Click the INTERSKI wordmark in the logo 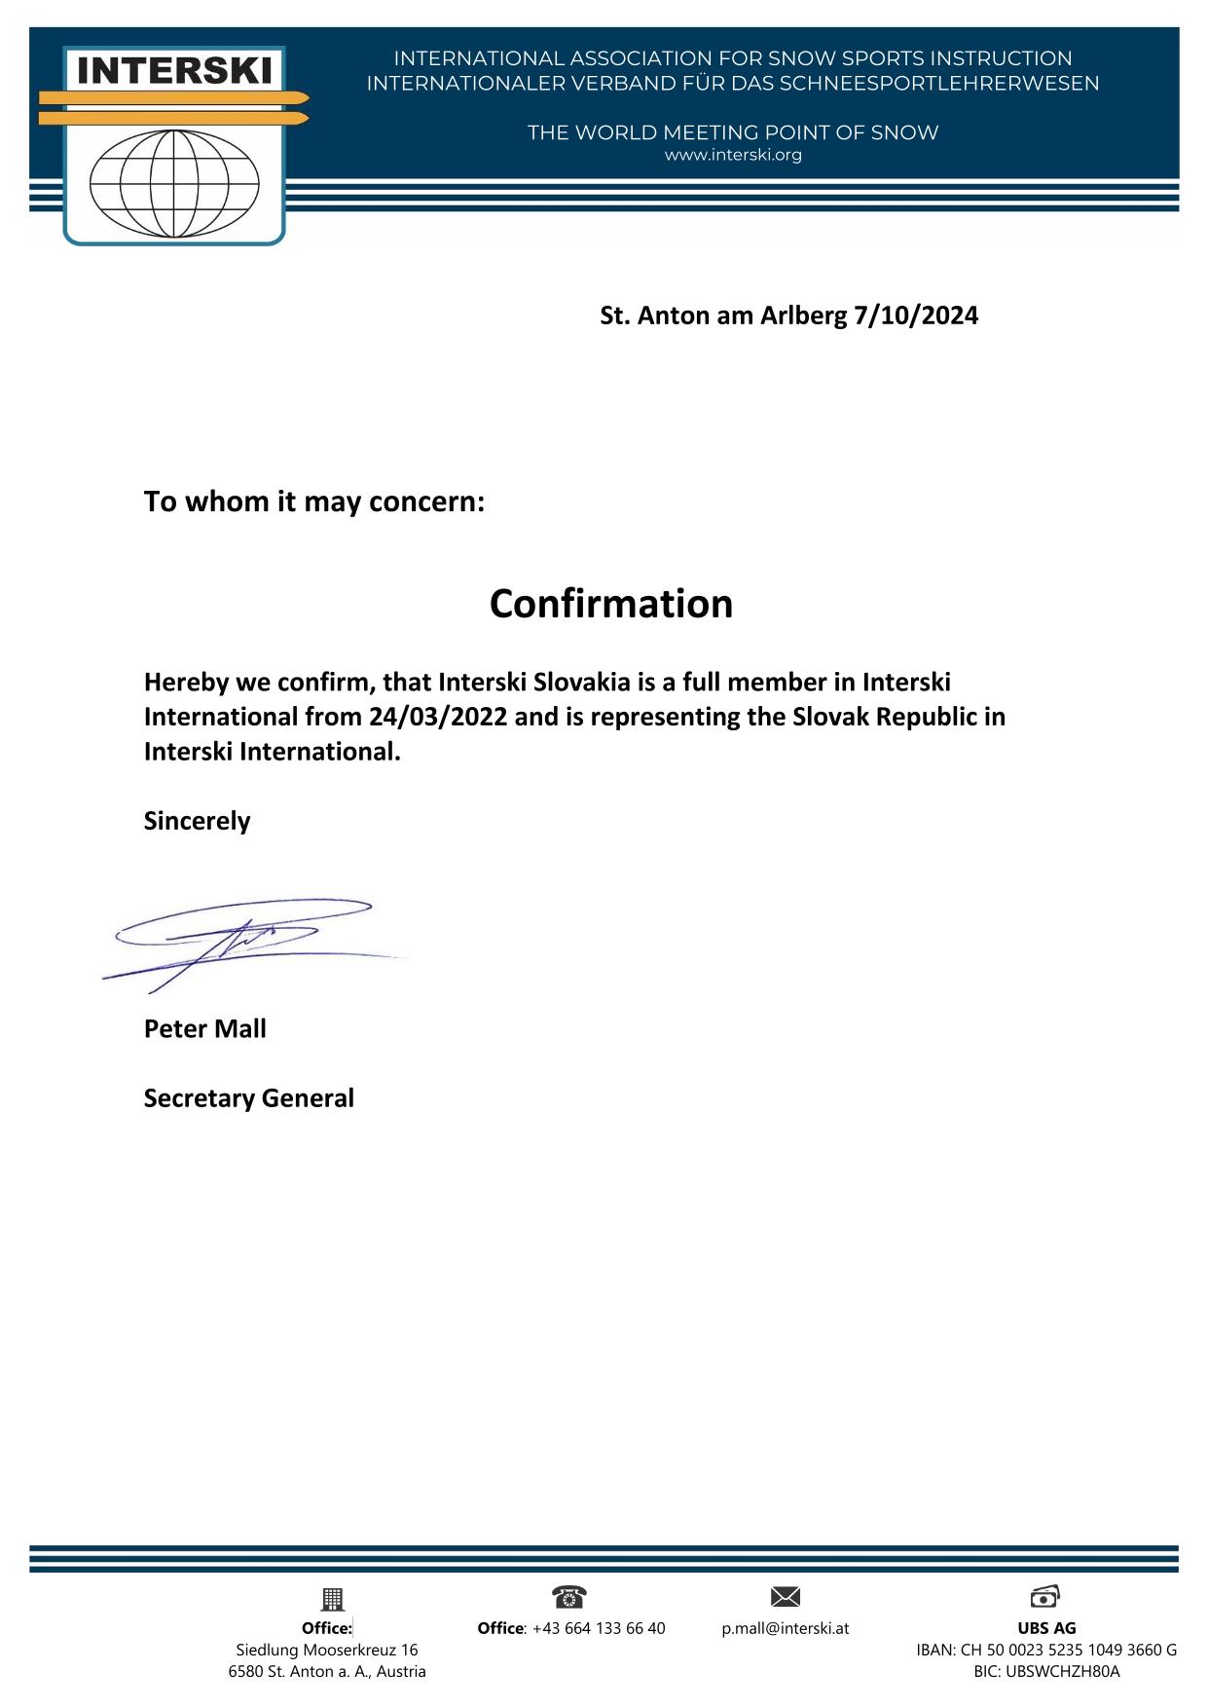pyautogui.click(x=174, y=70)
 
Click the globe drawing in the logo pyautogui.click(x=174, y=183)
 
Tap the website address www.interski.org pyautogui.click(x=732, y=155)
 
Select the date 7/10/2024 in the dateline pyautogui.click(x=915, y=316)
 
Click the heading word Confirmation pyautogui.click(x=610, y=604)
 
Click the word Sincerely pyautogui.click(x=197, y=821)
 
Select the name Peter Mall pyautogui.click(x=204, y=1029)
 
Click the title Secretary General pyautogui.click(x=248, y=1098)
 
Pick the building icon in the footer pyautogui.click(x=332, y=1598)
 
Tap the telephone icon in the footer pyautogui.click(x=568, y=1596)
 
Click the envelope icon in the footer pyautogui.click(x=785, y=1596)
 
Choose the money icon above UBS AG pyautogui.click(x=1044, y=1596)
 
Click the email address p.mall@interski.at pyautogui.click(x=785, y=1628)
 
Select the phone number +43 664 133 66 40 pyautogui.click(x=599, y=1628)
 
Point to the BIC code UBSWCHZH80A pyautogui.click(x=1046, y=1671)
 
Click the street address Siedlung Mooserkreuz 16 pyautogui.click(x=327, y=1650)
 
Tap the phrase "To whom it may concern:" pyautogui.click(x=313, y=502)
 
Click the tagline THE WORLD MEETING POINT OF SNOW pyautogui.click(x=732, y=132)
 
